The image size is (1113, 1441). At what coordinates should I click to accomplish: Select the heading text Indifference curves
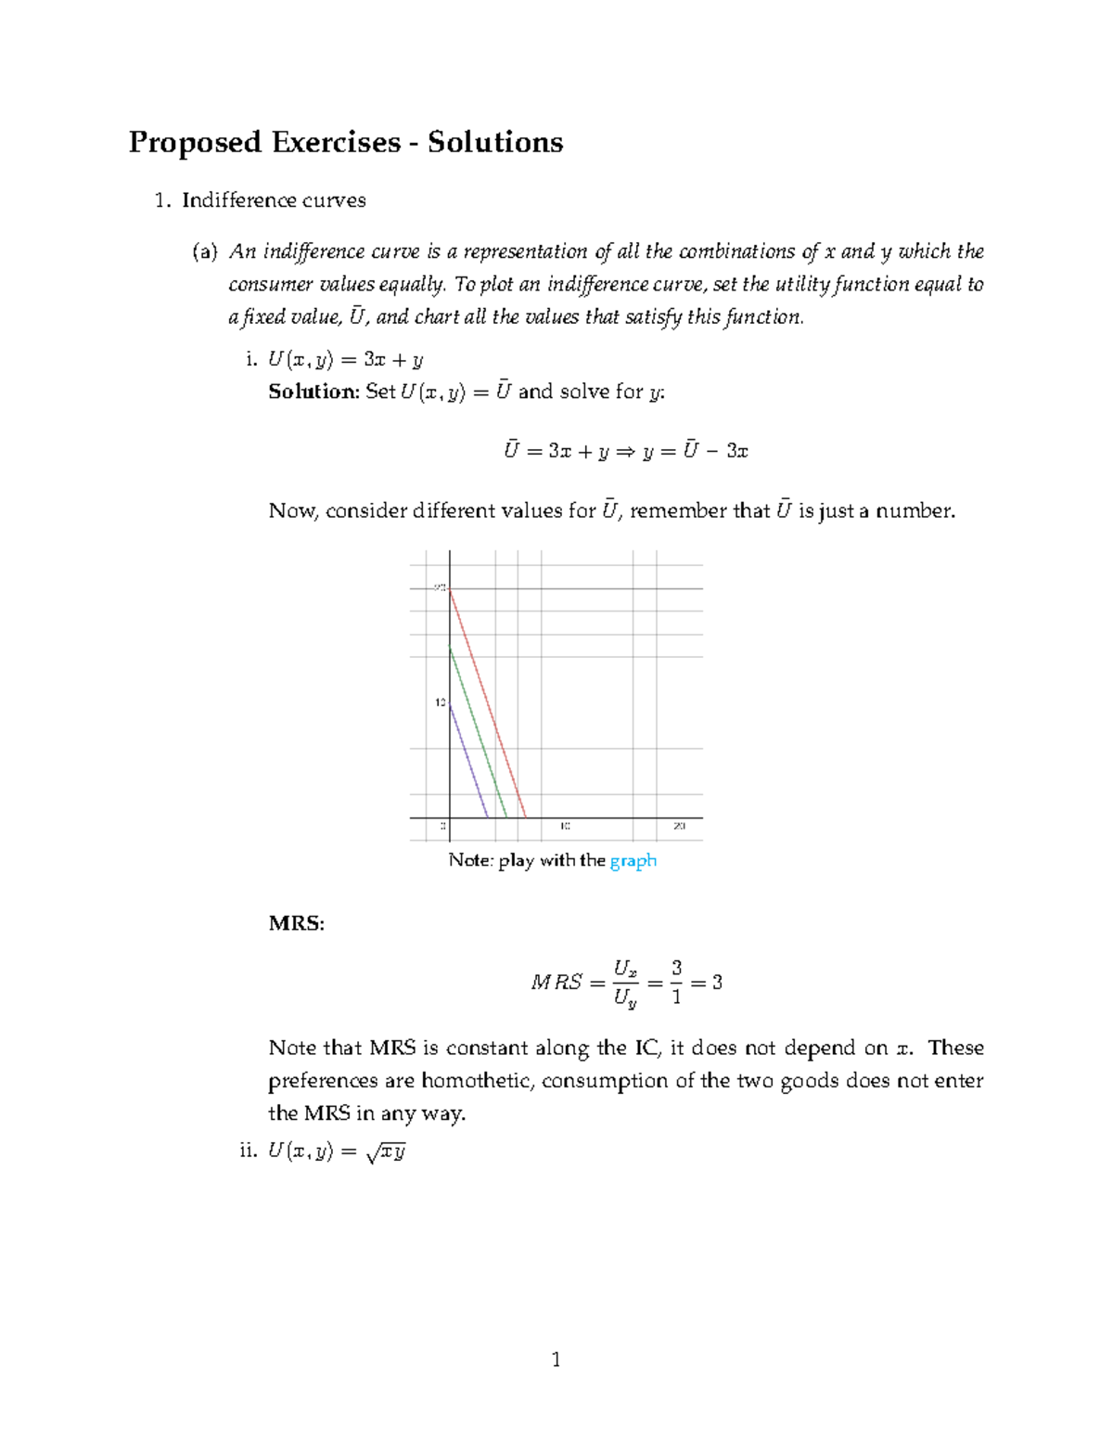coord(274,200)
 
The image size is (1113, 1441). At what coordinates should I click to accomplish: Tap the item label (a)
coord(205,251)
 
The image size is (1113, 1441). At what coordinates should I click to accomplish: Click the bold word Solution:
coord(313,392)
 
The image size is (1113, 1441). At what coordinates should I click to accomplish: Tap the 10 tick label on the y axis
coord(441,702)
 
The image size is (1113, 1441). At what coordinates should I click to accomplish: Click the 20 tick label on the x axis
coord(679,826)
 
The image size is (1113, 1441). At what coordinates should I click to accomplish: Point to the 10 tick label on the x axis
coord(564,826)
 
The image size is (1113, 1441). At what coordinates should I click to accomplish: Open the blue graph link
coord(633,860)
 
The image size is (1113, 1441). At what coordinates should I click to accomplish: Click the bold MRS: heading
coord(296,923)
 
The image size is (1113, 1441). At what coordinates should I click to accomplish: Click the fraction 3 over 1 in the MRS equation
coord(676,983)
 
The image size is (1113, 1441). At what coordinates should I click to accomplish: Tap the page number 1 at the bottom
coord(556,1360)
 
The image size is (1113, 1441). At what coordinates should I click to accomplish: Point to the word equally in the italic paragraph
coord(412,284)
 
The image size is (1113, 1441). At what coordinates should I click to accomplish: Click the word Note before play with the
coord(470,860)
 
